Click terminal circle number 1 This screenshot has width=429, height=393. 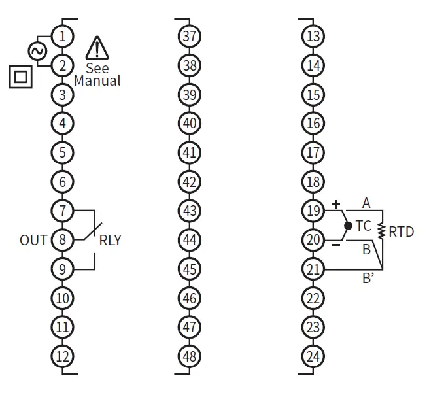(x=63, y=35)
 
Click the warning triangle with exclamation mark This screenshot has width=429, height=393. (x=97, y=48)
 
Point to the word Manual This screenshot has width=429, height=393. (x=97, y=81)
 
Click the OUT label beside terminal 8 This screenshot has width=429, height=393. (x=33, y=240)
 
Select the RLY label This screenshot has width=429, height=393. (x=110, y=240)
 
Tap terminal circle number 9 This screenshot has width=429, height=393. (x=63, y=269)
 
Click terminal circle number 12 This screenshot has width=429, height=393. (x=63, y=356)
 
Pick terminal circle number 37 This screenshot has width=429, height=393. (x=189, y=36)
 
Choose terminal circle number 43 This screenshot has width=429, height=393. (x=189, y=211)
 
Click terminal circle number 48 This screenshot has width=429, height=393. (x=189, y=356)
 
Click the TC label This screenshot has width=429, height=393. (x=364, y=226)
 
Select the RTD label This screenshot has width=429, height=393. (x=402, y=231)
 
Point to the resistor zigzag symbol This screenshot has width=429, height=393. (x=383, y=231)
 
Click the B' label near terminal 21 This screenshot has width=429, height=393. (x=368, y=277)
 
